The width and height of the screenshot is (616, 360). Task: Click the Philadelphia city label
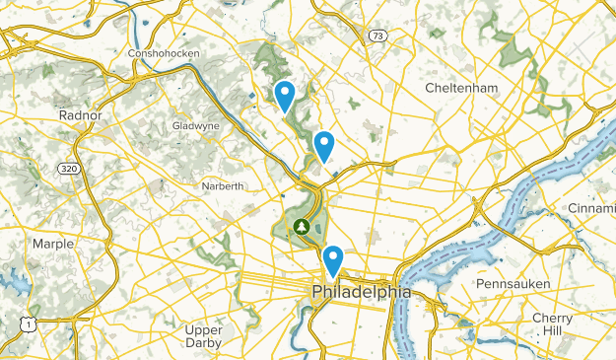pos(361,293)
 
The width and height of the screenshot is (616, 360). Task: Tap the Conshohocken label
pos(165,52)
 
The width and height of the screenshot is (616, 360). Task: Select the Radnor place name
pos(81,115)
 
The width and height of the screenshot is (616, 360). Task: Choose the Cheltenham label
pos(461,88)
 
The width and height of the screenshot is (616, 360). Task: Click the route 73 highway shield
pos(376,36)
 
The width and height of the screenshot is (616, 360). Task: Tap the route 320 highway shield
pos(67,169)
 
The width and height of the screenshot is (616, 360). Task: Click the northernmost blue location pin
pos(285,97)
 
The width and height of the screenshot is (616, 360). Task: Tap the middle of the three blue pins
pos(323,148)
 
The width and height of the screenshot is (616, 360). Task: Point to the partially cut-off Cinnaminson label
pos(590,208)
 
